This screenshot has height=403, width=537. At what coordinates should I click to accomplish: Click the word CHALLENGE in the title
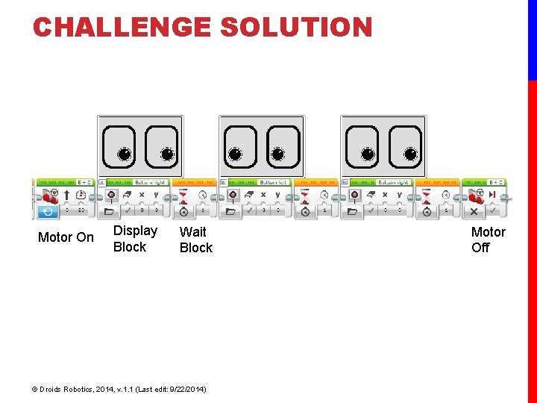tap(123, 28)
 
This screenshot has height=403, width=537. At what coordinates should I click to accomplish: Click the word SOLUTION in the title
tap(296, 28)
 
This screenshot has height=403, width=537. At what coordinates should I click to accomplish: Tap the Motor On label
tap(66, 237)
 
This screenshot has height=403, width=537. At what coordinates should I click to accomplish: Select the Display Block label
tap(135, 239)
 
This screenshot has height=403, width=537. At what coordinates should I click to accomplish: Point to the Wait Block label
tap(196, 240)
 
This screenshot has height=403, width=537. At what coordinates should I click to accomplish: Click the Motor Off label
tap(488, 240)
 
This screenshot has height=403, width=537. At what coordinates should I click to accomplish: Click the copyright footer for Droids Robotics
tap(119, 390)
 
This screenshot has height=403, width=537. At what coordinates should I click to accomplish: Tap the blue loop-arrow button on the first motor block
tap(46, 211)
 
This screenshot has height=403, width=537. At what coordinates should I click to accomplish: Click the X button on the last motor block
tap(473, 211)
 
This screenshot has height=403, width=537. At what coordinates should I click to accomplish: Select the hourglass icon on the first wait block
tap(183, 196)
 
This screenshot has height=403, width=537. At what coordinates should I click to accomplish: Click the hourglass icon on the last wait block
tap(427, 196)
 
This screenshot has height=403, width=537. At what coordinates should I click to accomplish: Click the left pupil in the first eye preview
tap(124, 154)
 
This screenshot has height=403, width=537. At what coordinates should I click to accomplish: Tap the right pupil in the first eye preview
tap(167, 154)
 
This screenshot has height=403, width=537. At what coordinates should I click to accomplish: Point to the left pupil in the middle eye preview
tap(235, 154)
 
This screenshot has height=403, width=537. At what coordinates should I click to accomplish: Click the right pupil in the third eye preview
tap(410, 154)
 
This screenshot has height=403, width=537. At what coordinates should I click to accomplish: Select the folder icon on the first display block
tap(111, 211)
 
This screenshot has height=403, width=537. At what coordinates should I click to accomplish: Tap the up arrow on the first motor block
tap(67, 196)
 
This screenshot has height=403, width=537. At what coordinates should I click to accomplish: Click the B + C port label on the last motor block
tap(495, 182)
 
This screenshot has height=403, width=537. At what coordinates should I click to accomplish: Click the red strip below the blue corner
tap(532, 239)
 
